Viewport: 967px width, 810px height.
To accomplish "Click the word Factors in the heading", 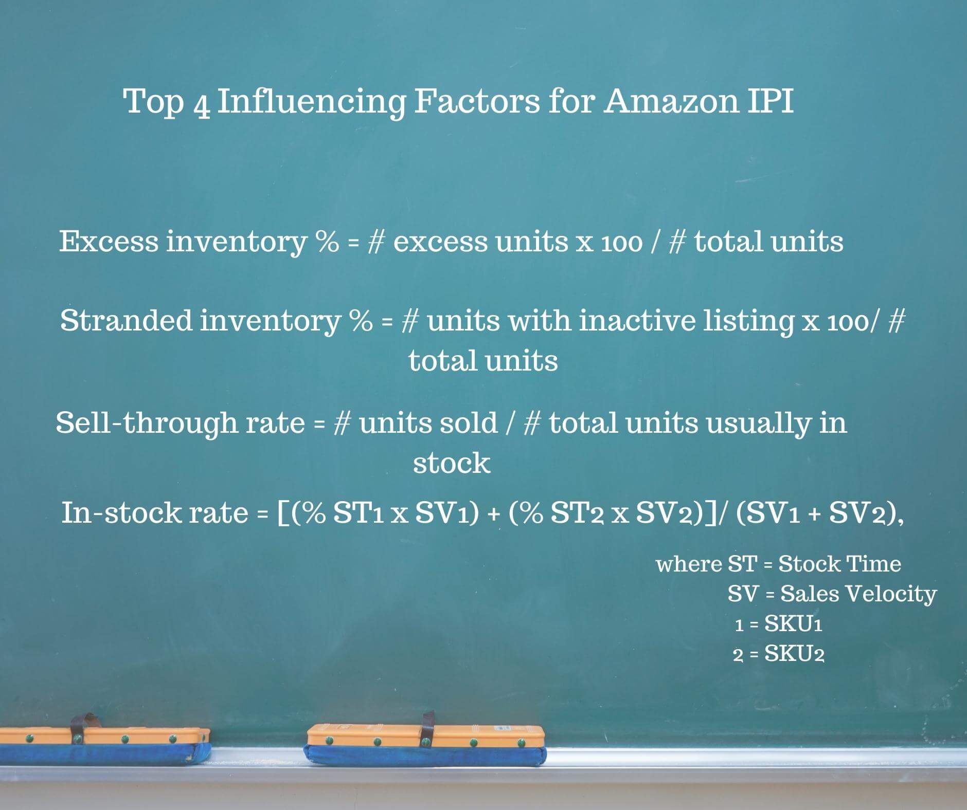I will tap(477, 101).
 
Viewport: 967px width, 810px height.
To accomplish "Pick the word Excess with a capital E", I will tap(109, 241).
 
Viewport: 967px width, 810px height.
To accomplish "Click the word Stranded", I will tap(126, 320).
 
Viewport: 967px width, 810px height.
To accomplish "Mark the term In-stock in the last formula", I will tap(121, 512).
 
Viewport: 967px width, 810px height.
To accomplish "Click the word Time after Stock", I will tap(875, 564).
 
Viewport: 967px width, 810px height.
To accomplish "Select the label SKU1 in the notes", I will tap(793, 624).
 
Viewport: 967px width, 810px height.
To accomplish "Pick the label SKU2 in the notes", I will tap(795, 654).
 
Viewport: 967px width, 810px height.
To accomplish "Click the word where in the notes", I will tap(688, 564).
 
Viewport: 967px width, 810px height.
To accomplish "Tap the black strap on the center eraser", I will tap(427, 728).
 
